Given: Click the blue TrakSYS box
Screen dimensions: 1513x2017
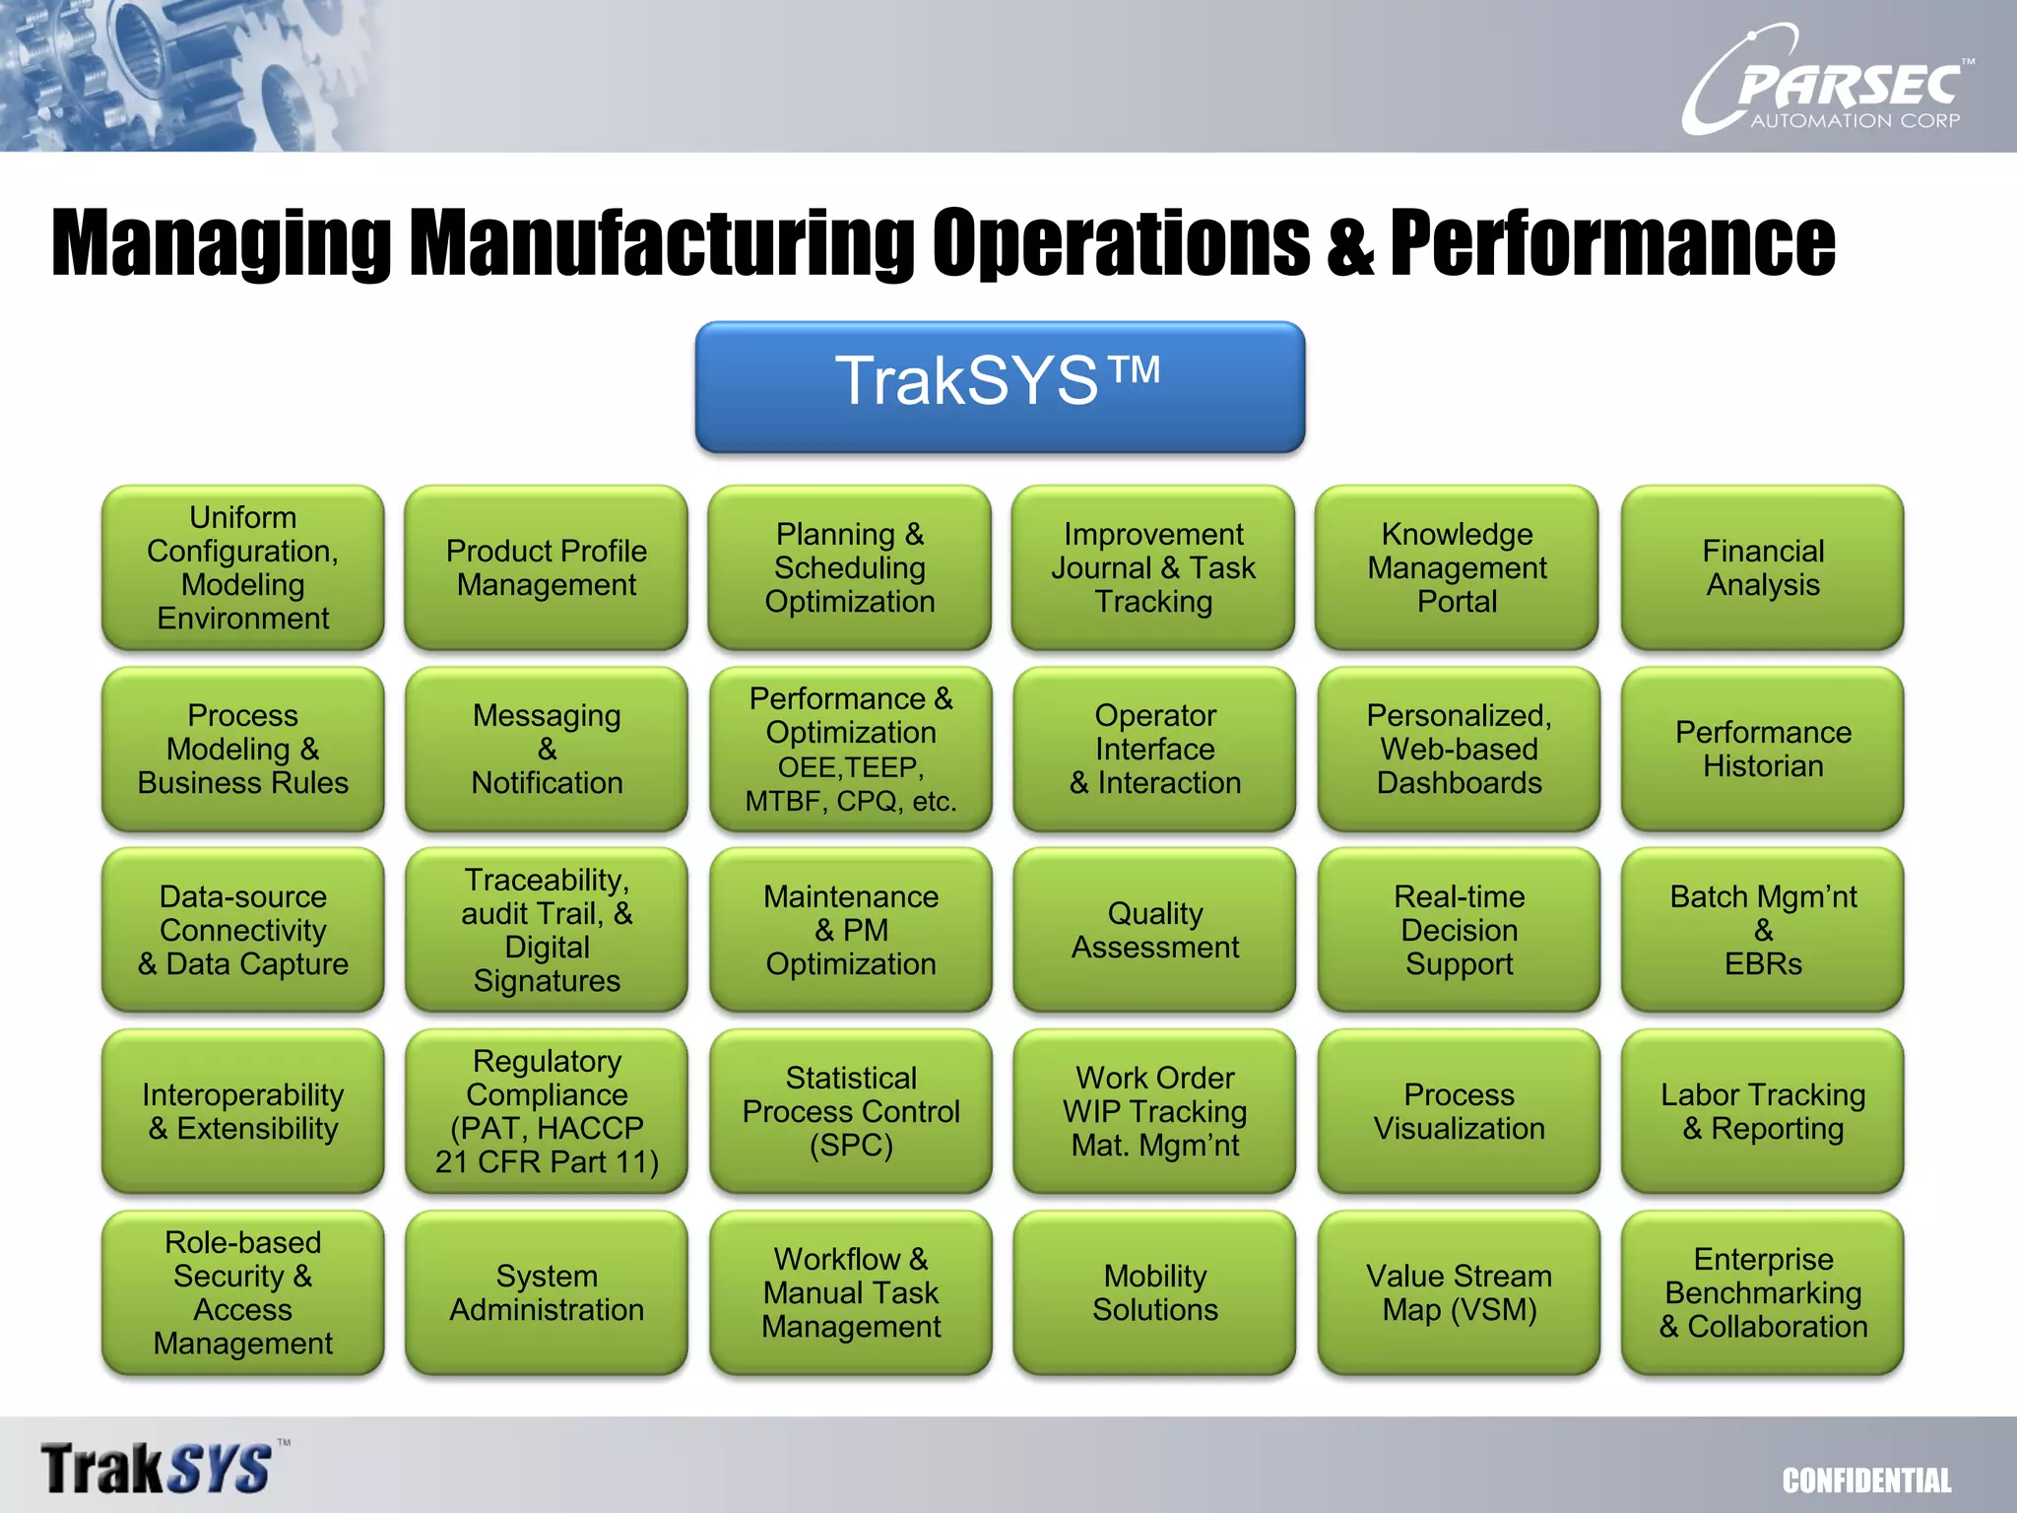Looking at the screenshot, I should [1000, 386].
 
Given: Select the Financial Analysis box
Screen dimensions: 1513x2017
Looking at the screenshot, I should [1762, 567].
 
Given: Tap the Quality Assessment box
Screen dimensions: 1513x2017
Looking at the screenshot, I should [1154, 930].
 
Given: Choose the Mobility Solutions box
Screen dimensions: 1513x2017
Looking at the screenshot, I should [1154, 1292].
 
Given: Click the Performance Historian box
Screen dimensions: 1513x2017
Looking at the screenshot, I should [1762, 749].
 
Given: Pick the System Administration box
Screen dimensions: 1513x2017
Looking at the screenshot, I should [547, 1292].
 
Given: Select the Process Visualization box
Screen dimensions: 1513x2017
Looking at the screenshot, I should [1459, 1111].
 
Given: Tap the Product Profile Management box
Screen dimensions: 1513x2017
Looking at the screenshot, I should [547, 567].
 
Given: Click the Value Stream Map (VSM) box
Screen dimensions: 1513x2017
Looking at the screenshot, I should [1459, 1292].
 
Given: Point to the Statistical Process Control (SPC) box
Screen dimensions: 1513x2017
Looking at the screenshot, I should [851, 1111].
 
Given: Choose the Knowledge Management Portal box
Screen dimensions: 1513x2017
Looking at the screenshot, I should [1457, 567].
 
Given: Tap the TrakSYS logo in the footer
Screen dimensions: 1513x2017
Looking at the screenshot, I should [158, 1468].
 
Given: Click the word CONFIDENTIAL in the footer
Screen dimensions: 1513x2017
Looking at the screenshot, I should [1866, 1480].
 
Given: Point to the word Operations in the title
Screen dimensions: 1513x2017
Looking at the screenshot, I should [1121, 242].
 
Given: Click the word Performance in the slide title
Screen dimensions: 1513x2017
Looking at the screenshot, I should [1612, 242].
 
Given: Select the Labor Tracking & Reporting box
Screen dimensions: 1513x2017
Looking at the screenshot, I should [1762, 1111].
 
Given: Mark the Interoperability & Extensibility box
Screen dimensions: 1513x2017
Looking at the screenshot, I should [243, 1111].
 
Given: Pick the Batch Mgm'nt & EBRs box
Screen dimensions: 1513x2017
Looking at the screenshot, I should [1762, 930].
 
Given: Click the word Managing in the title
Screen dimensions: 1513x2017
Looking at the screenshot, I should [221, 244].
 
